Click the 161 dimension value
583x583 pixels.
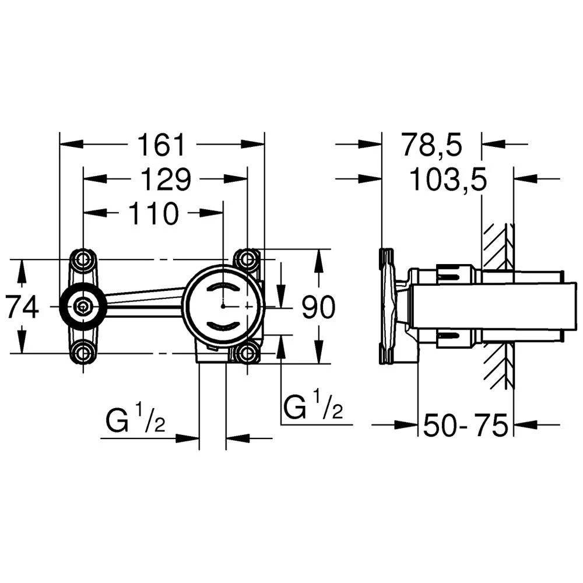[x=161, y=145]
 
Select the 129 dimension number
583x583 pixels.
[x=166, y=180]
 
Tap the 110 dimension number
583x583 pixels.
[x=153, y=214]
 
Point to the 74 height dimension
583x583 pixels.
[x=23, y=307]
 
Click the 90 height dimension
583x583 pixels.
[x=318, y=307]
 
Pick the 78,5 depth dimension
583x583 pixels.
[x=431, y=145]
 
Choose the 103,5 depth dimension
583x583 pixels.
[x=448, y=180]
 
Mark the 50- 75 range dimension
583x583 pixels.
[x=465, y=425]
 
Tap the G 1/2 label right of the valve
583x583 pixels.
[x=313, y=405]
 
